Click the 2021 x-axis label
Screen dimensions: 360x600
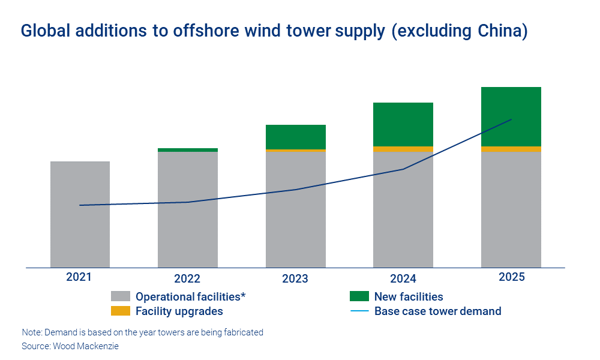click(79, 277)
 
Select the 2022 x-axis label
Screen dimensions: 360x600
click(187, 279)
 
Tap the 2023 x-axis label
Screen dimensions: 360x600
click(295, 279)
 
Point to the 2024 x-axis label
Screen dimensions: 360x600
click(403, 279)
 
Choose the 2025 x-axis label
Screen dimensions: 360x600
click(511, 277)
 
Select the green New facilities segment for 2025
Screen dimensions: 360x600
click(511, 116)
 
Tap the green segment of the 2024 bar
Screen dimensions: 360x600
click(403, 124)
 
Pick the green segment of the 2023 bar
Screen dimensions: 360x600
click(296, 137)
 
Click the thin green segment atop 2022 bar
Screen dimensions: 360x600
click(188, 150)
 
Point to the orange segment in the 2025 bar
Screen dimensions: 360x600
click(511, 149)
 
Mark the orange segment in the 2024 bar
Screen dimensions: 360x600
click(403, 149)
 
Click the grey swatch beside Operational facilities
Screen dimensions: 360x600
click(121, 296)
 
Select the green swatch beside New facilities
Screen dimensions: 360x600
click(359, 296)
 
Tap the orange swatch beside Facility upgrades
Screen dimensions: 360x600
click(121, 311)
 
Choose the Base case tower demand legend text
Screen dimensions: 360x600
click(437, 311)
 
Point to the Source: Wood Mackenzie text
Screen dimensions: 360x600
click(70, 346)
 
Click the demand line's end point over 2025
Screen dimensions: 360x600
click(511, 119)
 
